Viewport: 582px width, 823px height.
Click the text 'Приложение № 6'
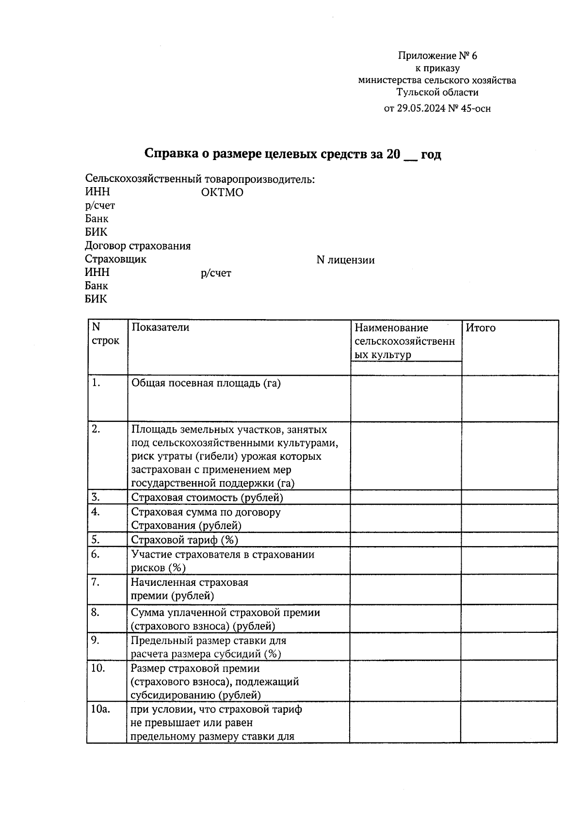pyautogui.click(x=437, y=56)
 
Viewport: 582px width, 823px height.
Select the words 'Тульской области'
pyautogui.click(x=437, y=92)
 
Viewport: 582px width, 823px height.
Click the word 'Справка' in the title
pyautogui.click(x=170, y=154)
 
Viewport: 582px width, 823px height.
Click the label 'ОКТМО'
pyautogui.click(x=222, y=193)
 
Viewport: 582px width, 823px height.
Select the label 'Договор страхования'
pyautogui.click(x=138, y=246)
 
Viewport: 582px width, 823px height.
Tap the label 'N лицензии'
pyautogui.click(x=345, y=260)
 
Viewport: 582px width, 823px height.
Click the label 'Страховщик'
pyautogui.click(x=115, y=259)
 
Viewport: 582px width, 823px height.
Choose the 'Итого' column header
pyautogui.click(x=481, y=328)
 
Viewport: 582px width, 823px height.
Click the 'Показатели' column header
pyautogui.click(x=161, y=327)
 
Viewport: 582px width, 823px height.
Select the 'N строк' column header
pyautogui.click(x=105, y=334)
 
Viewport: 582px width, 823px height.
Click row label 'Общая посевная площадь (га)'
pyautogui.click(x=206, y=383)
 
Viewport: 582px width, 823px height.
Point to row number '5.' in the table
pyautogui.click(x=96, y=539)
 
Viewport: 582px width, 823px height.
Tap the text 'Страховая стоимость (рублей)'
pyautogui.click(x=207, y=498)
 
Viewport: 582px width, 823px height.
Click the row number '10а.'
pyautogui.click(x=100, y=709)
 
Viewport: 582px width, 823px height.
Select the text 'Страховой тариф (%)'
pyautogui.click(x=184, y=540)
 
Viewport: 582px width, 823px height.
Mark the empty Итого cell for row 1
pyautogui.click(x=509, y=398)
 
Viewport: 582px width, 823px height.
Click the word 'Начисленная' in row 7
pyautogui.click(x=162, y=582)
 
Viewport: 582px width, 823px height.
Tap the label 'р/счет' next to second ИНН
pyautogui.click(x=216, y=274)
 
